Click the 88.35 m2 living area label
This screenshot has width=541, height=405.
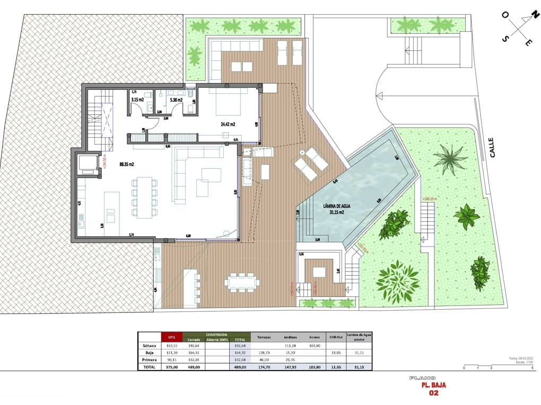tap(126, 165)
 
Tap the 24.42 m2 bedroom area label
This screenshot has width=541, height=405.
tap(228, 125)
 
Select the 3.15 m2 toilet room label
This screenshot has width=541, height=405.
tap(138, 100)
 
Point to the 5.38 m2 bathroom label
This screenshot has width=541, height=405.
tap(176, 100)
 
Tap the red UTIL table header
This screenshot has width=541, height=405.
tap(171, 337)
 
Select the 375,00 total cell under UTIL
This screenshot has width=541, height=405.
tap(171, 366)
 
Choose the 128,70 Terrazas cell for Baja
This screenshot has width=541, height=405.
tap(264, 352)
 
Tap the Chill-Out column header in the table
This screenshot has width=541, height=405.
tap(333, 337)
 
